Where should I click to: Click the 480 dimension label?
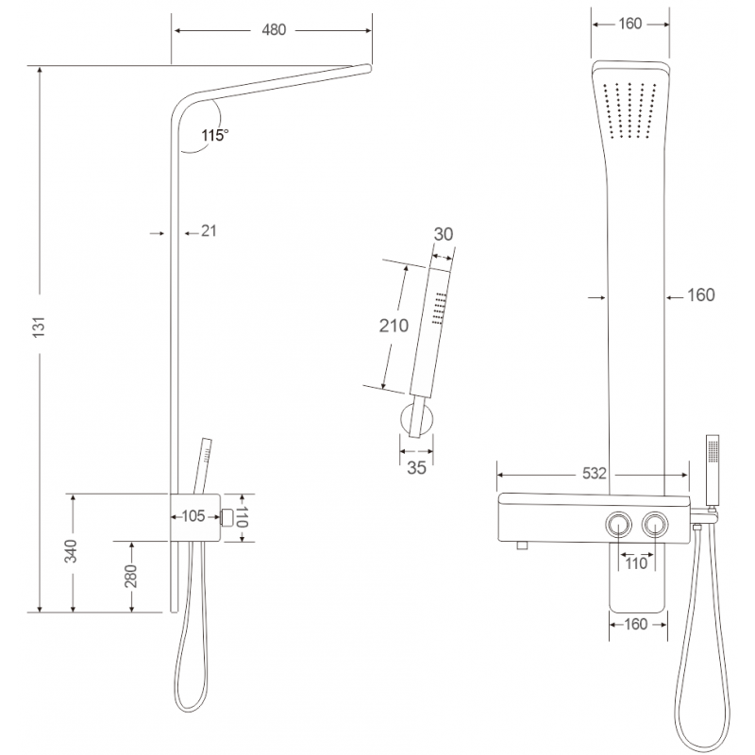[273, 30]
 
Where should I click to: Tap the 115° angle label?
[214, 136]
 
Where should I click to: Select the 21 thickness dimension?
[210, 231]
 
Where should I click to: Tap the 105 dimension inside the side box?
[193, 515]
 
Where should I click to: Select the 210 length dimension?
[392, 327]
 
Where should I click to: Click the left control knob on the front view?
[620, 524]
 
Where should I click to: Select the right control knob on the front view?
[654, 524]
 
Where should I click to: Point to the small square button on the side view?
[227, 516]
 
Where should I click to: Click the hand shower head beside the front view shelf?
[713, 462]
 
